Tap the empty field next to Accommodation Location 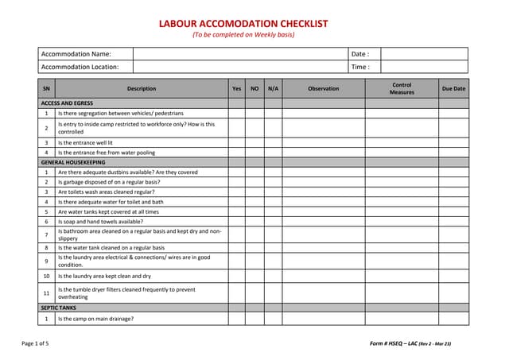tap(239, 68)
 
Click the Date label tap(359, 54)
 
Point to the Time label tap(359, 68)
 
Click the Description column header tap(141, 89)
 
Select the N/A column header tap(273, 89)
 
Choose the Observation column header tap(323, 89)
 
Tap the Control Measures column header tap(402, 88)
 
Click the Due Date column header tap(453, 89)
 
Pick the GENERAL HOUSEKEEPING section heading tap(72, 162)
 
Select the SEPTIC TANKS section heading tap(59, 307)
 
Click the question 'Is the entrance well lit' tap(91, 142)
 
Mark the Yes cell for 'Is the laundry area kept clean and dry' tap(236, 276)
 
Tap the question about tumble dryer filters tap(126, 292)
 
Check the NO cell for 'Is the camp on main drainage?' tap(254, 319)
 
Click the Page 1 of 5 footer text tap(35, 343)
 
